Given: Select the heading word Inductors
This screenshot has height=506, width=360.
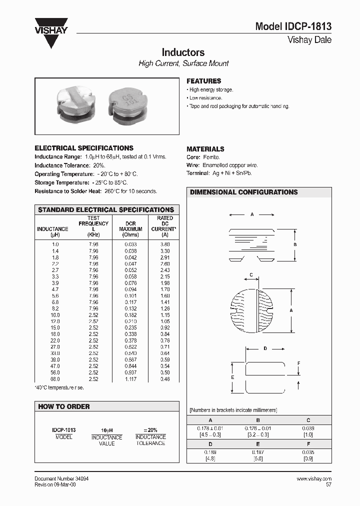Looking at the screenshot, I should tap(183, 52).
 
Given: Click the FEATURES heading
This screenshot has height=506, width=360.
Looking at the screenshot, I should tap(203, 81).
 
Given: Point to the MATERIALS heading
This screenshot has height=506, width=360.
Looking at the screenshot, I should tap(205, 149).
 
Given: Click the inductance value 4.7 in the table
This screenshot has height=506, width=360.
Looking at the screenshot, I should tap(55, 289).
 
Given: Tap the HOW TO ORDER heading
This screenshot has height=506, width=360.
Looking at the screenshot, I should tap(64, 406).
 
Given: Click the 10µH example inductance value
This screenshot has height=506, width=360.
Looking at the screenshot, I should tap(107, 430).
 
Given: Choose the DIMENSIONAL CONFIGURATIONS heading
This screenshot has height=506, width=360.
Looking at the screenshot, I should tap(243, 192).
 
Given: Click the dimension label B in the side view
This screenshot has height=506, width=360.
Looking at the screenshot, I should tap(295, 244).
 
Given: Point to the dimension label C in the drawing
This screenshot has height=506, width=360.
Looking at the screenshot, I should tap(251, 274).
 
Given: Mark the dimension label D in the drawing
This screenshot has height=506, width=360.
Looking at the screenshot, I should tap(265, 348).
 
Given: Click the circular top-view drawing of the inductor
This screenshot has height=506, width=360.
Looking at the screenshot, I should tap(253, 310).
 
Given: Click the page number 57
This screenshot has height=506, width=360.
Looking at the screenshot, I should tap(328, 484).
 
